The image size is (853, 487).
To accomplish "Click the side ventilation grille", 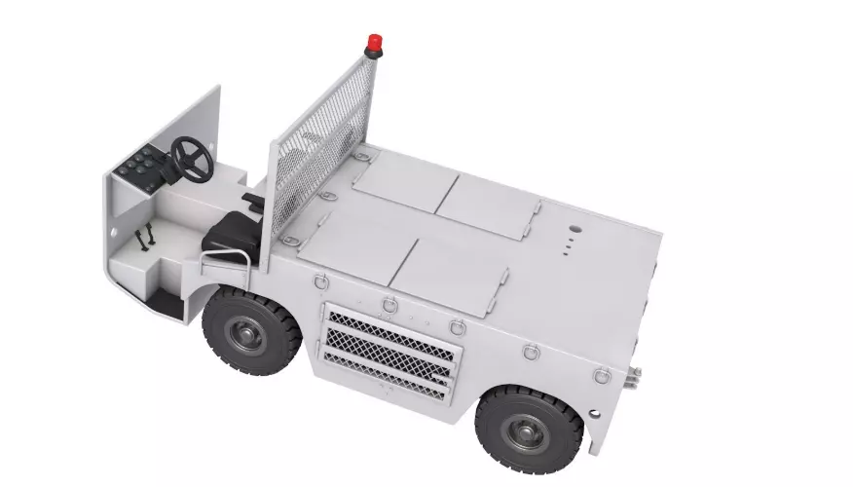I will [389, 351].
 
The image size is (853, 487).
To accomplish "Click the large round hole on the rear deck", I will [574, 232].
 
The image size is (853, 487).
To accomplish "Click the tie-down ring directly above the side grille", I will [389, 304].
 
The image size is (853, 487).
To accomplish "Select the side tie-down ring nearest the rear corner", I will [602, 374].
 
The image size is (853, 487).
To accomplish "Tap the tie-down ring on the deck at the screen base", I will [361, 156].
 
